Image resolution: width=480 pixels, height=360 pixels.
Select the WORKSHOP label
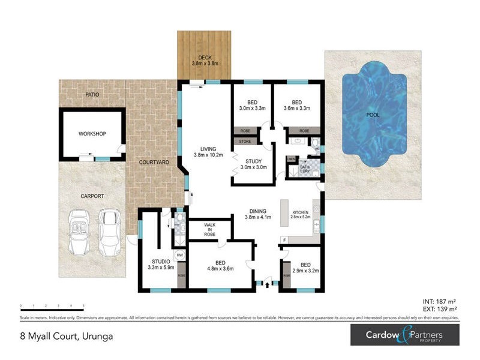pos(92,133)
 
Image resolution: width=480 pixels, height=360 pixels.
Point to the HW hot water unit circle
pos(180,255)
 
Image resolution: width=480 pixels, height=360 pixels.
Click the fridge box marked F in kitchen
pos(284,240)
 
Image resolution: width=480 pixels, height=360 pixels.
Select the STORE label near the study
pos(244,142)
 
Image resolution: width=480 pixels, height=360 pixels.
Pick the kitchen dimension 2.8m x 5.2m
pos(300,218)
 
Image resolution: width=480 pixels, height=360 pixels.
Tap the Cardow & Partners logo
pos(407,335)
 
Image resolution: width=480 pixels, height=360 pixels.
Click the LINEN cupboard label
pos(291,159)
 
